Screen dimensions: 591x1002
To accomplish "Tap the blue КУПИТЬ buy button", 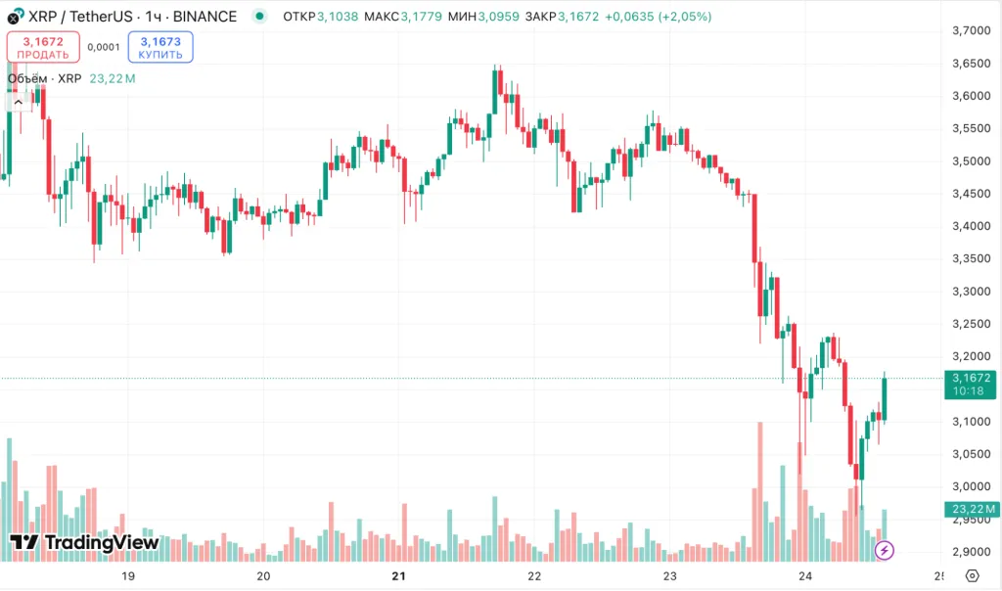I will coord(160,47).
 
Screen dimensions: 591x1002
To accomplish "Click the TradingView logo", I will coord(84,542).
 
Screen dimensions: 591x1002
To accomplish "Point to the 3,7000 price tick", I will coord(969,31).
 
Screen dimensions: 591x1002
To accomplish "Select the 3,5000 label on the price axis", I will coord(969,161).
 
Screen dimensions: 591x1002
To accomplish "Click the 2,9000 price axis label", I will coord(969,552).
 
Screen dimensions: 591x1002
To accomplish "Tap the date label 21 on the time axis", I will coord(398,576).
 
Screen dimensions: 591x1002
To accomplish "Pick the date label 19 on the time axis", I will coord(127,576).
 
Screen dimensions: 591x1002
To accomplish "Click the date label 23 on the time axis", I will coord(670,576).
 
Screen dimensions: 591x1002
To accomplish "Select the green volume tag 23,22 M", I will coord(971,509).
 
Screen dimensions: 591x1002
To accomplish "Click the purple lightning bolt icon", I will coord(885,550).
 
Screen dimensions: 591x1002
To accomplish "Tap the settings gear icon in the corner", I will coord(971,576).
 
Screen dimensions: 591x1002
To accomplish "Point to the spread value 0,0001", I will coord(103,47).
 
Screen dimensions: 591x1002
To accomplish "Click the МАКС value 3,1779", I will coord(421,17).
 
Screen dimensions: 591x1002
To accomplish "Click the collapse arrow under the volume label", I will coord(18,102).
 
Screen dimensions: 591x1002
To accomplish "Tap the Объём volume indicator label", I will coord(44,78).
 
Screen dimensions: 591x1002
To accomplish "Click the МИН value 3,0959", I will coord(499,17).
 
